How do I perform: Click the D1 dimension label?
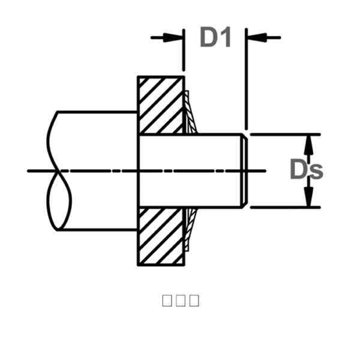215,37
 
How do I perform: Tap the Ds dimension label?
306,170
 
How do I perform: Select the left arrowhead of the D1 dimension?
175,37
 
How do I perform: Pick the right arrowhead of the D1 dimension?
254,37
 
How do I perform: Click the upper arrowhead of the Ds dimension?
309,144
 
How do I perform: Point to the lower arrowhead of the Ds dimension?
309,197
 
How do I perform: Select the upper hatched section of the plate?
161,105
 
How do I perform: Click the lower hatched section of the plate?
161,236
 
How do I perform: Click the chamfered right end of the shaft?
243,171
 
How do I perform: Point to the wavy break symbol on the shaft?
58,171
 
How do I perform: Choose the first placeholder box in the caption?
167,301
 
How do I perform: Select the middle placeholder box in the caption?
181,301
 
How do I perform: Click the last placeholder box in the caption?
194,301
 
